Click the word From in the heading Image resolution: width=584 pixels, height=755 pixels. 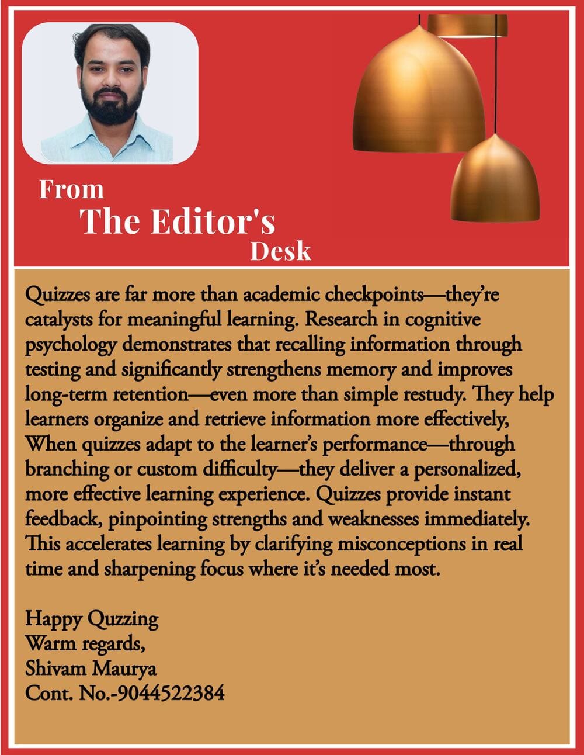coord(71,189)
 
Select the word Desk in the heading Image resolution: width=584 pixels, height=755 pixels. coord(280,251)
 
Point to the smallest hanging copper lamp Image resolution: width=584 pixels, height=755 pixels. coord(495,181)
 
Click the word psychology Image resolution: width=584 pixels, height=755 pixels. coord(70,345)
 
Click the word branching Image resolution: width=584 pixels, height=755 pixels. coord(67,469)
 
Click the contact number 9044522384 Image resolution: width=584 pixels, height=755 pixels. coord(170,693)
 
